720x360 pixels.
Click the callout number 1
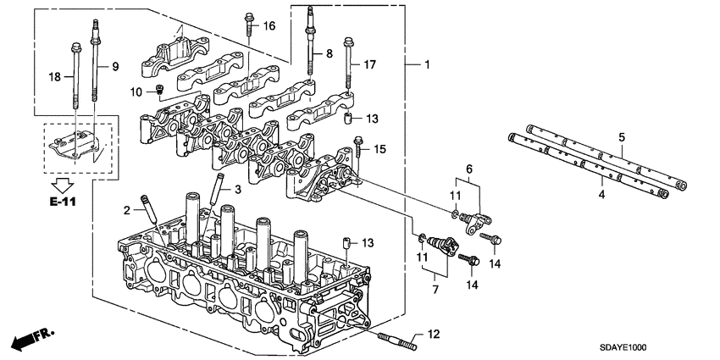(x=428, y=65)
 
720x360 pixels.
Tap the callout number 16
(x=269, y=27)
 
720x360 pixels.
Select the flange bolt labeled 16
(x=251, y=24)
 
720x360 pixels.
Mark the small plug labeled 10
(x=158, y=90)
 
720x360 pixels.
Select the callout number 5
(x=621, y=136)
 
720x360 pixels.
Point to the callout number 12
(x=434, y=335)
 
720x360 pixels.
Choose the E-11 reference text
(x=62, y=203)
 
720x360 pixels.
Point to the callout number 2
(x=127, y=210)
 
